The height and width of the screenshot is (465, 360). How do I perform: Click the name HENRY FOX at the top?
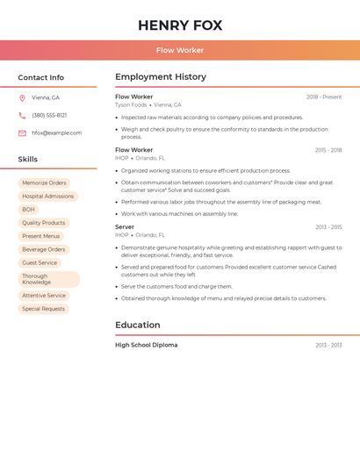pyautogui.click(x=180, y=25)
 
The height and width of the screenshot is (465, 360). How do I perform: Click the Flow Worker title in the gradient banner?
pyautogui.click(x=180, y=50)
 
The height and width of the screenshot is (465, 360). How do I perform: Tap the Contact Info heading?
pyautogui.click(x=40, y=77)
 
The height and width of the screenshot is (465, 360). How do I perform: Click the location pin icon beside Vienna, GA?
pyautogui.click(x=22, y=97)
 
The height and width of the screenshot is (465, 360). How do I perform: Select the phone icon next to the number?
pyautogui.click(x=22, y=115)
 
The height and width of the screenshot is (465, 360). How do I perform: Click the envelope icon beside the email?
pyautogui.click(x=22, y=133)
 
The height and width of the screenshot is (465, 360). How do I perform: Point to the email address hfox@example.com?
pyautogui.click(x=56, y=133)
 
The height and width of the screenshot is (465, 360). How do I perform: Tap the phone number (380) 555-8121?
pyautogui.click(x=49, y=115)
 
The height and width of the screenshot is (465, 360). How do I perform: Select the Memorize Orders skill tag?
pyautogui.click(x=44, y=183)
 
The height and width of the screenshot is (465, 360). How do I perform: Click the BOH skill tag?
pyautogui.click(x=29, y=210)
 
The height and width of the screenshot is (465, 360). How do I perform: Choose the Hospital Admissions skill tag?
pyautogui.click(x=47, y=197)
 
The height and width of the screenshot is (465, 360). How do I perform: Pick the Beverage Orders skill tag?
pyautogui.click(x=44, y=249)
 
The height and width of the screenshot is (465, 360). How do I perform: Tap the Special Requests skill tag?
pyautogui.click(x=43, y=309)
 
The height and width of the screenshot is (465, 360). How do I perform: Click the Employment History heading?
pyautogui.click(x=161, y=77)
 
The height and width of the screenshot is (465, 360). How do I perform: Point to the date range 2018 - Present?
pyautogui.click(x=324, y=97)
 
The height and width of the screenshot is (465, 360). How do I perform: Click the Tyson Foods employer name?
pyautogui.click(x=131, y=104)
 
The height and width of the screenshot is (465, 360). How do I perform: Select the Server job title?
pyautogui.click(x=125, y=227)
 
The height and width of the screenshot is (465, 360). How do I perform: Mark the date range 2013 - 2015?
pyautogui.click(x=328, y=227)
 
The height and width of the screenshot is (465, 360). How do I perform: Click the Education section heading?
pyautogui.click(x=137, y=325)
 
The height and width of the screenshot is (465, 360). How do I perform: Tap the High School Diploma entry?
pyautogui.click(x=146, y=345)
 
